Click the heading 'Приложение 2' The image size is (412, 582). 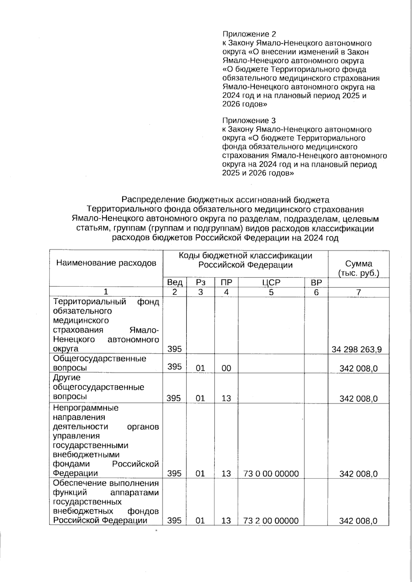pyautogui.click(x=249, y=34)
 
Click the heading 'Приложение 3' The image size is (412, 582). pyautogui.click(x=249, y=121)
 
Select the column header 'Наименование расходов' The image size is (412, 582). pyautogui.click(x=106, y=263)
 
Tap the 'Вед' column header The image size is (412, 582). pyautogui.click(x=174, y=283)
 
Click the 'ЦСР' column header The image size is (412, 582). pyautogui.click(x=271, y=283)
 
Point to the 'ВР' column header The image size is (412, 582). pyautogui.click(x=316, y=283)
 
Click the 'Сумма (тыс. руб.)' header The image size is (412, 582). pyautogui.click(x=358, y=268)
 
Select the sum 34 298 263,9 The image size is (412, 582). pyautogui.click(x=357, y=349)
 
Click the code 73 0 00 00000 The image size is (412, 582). pyautogui.click(x=271, y=474)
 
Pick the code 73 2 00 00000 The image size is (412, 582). pyautogui.click(x=271, y=521)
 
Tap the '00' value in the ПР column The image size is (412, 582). pyautogui.click(x=226, y=368)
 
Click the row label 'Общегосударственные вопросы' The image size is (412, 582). pyautogui.click(x=99, y=363)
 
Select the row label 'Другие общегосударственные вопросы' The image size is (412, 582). pyautogui.click(x=98, y=387)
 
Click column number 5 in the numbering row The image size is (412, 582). pyautogui.click(x=271, y=292)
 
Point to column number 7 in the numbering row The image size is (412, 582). pyautogui.click(x=358, y=292)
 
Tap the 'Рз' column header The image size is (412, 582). pyautogui.click(x=201, y=283)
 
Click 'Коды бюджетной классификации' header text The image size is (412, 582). pyautogui.click(x=245, y=256)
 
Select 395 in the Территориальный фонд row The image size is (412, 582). pyautogui.click(x=174, y=349)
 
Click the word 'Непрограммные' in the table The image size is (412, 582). pyautogui.click(x=85, y=408)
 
